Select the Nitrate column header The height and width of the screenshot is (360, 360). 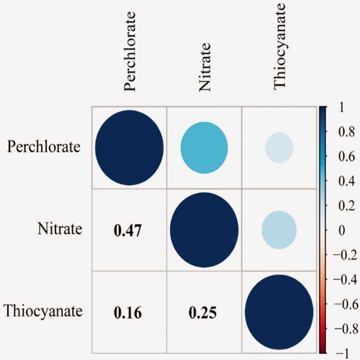pyautogui.click(x=204, y=67)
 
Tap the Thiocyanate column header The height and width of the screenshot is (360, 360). pyautogui.click(x=279, y=46)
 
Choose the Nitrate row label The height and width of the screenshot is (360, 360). pyautogui.click(x=60, y=229)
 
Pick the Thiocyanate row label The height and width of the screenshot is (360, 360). pyautogui.click(x=43, y=311)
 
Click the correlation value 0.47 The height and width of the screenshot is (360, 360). pyautogui.click(x=128, y=231)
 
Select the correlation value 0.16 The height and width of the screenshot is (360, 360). pyautogui.click(x=128, y=313)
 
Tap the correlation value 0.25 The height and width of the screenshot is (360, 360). pyautogui.click(x=203, y=313)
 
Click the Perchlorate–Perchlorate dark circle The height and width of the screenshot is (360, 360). pyautogui.click(x=129, y=148)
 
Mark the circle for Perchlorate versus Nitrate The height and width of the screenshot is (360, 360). pyautogui.click(x=204, y=148)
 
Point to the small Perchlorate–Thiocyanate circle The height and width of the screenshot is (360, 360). pyautogui.click(x=279, y=148)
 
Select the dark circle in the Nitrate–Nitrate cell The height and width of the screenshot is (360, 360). pyautogui.click(x=204, y=230)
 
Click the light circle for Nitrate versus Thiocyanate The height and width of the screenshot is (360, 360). pyautogui.click(x=279, y=230)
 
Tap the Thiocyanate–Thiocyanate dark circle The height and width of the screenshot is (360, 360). pyautogui.click(x=279, y=312)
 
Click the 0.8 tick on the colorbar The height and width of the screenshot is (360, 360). pyautogui.click(x=346, y=132)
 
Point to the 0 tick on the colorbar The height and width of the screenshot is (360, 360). pyautogui.click(x=342, y=230)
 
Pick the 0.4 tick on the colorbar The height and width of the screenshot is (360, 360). pyautogui.click(x=346, y=181)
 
